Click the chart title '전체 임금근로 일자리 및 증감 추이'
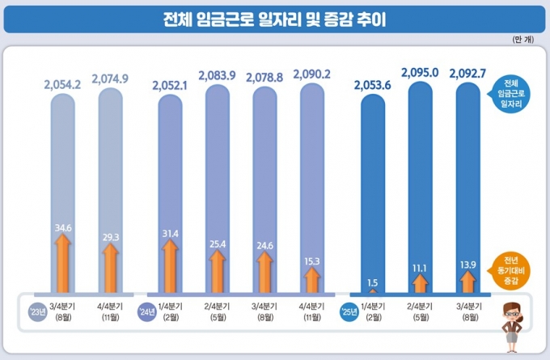coord(274,19)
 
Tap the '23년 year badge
coord(36,311)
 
